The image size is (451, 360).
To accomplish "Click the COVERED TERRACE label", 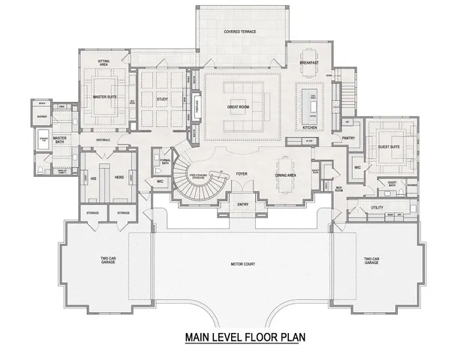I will (x=241, y=31).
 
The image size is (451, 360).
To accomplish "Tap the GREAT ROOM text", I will (x=238, y=107).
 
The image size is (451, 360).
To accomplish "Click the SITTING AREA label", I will (x=105, y=64).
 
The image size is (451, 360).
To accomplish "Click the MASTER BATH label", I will (x=60, y=139).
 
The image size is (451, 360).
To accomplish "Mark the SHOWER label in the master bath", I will (x=43, y=116).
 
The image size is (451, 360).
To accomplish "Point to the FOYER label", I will (x=242, y=173).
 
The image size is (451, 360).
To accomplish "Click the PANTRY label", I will (x=348, y=138).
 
